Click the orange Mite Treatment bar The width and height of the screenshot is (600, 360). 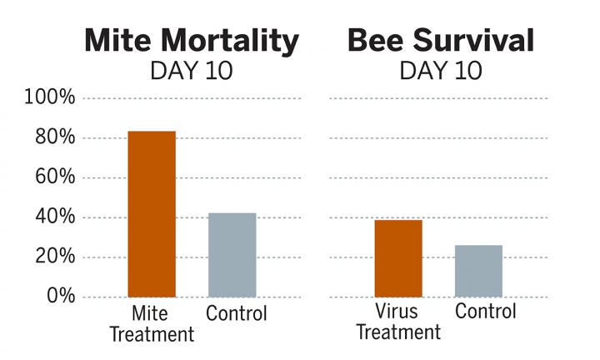(x=151, y=214)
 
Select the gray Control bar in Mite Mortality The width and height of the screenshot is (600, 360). (x=232, y=255)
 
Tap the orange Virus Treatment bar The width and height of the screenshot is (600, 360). (x=397, y=258)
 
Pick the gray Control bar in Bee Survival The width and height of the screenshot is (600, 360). (x=478, y=271)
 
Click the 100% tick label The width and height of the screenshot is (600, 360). (x=51, y=98)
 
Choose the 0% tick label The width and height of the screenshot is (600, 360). (x=60, y=297)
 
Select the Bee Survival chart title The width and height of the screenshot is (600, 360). (x=441, y=39)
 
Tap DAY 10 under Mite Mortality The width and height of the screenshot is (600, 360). (x=191, y=71)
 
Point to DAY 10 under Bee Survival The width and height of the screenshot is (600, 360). (x=441, y=71)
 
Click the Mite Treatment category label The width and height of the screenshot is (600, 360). (x=152, y=324)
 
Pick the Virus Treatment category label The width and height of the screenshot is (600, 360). (x=398, y=322)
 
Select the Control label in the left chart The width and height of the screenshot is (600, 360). (x=237, y=314)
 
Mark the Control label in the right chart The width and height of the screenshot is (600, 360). (x=486, y=312)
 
